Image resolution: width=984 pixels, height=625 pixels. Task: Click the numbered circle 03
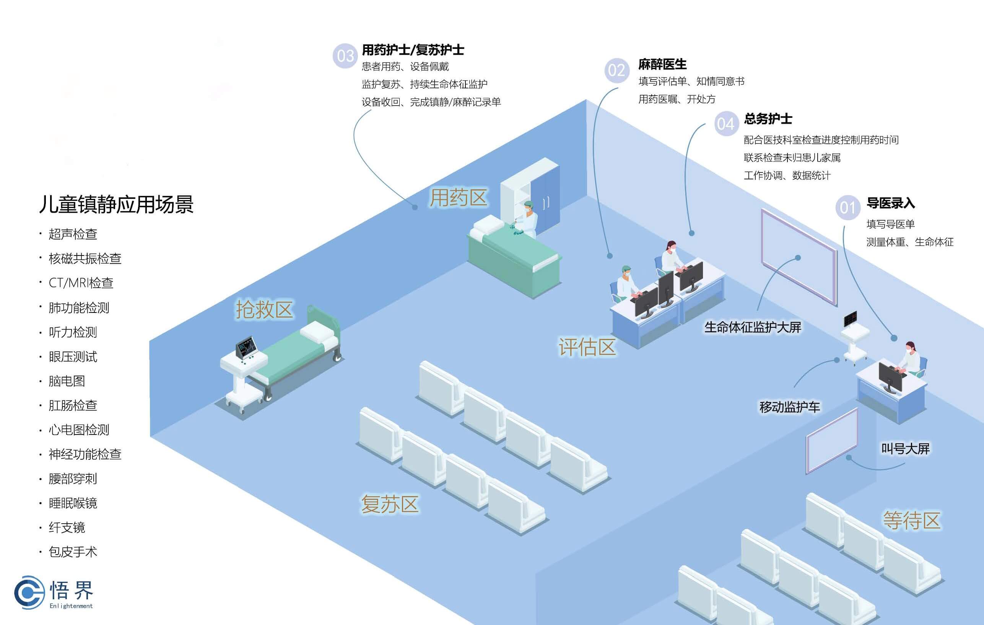pos(345,56)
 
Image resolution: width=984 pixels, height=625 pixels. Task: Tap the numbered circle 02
pos(616,70)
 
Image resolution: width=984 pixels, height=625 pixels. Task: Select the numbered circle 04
pos(726,124)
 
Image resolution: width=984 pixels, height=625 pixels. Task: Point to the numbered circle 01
pos(847,208)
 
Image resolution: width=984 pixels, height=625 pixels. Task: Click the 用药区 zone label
pos(458,198)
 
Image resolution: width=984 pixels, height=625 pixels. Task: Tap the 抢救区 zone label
pos(264,309)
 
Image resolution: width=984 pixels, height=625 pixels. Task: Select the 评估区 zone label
pos(587,347)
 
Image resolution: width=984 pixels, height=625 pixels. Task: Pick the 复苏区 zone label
pos(389,504)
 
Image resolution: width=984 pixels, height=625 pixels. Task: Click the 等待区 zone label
pos(912,520)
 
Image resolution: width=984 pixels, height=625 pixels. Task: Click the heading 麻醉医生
pos(662,64)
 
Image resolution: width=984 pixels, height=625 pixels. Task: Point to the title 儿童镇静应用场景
pos(116,204)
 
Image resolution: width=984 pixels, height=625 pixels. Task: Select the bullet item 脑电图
pos(67,381)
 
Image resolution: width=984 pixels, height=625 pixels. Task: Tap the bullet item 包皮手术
pos(73,552)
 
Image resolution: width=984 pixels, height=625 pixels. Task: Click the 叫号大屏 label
pos(905,449)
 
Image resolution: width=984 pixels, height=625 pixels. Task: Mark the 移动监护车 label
pos(789,407)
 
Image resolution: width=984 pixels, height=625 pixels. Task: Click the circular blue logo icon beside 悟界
pos(29,592)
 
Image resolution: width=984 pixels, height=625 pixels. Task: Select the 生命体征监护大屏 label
pos(752,327)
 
